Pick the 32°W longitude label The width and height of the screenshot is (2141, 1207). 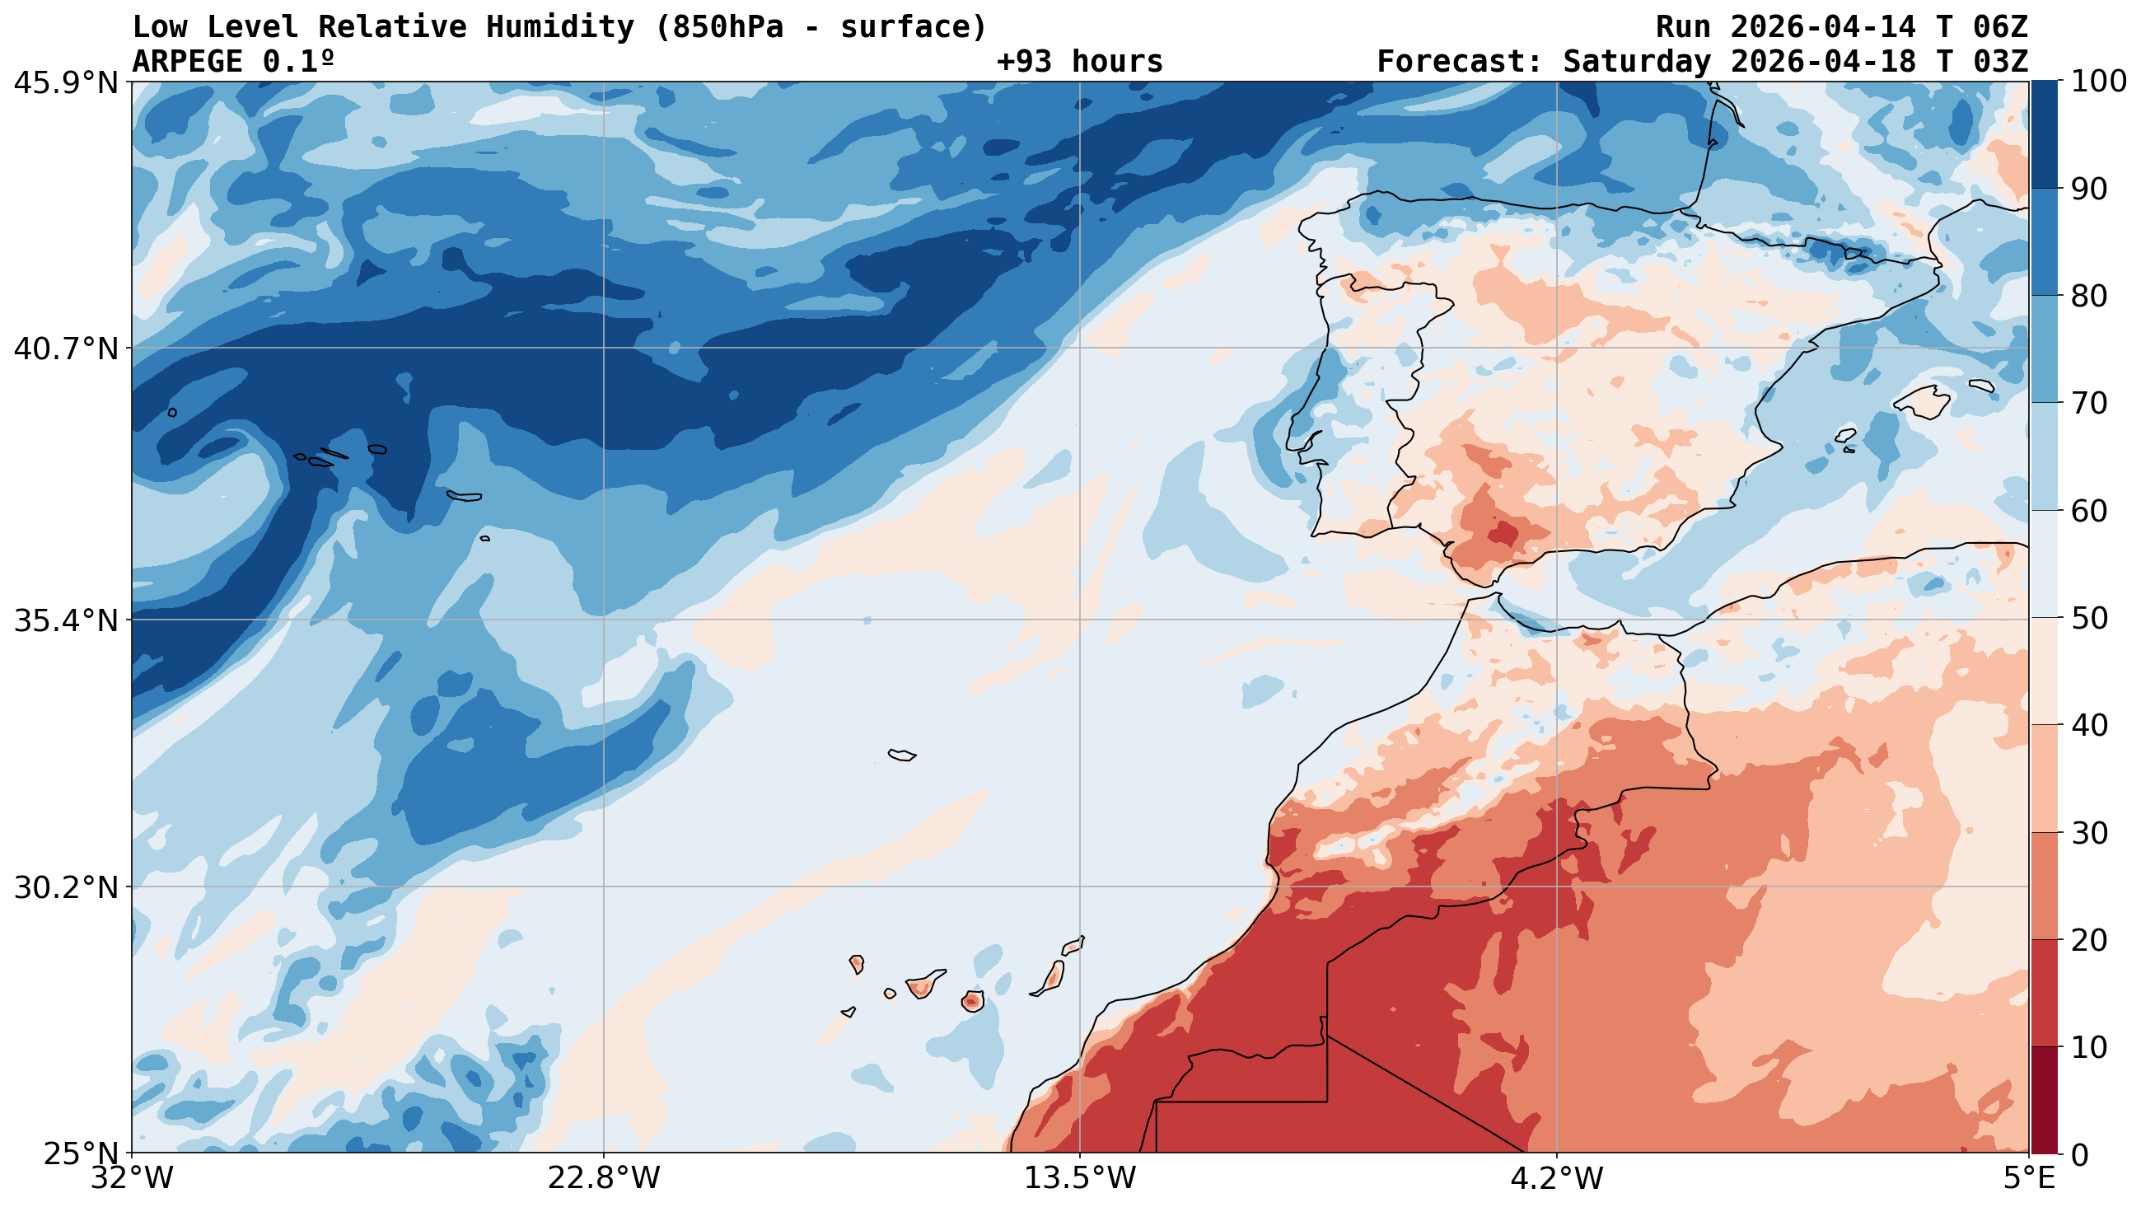[133, 1179]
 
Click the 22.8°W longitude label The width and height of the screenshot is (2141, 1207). [603, 1179]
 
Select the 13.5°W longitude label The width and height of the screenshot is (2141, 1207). [1080, 1179]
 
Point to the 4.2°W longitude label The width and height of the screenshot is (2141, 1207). [1556, 1179]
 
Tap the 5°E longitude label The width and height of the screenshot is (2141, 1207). [2029, 1179]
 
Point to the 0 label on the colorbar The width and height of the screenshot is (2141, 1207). [2078, 1154]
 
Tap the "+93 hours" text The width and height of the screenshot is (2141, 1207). [1080, 62]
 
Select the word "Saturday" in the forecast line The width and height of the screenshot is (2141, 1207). [1637, 62]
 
